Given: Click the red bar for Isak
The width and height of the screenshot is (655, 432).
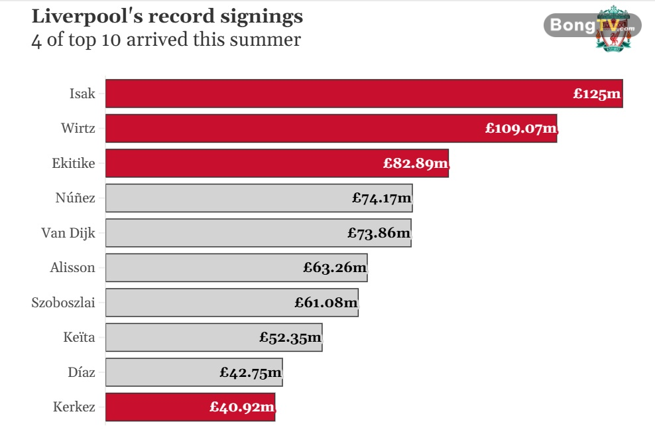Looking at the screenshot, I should (331, 94).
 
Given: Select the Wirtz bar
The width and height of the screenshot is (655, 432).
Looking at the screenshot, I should (298, 128).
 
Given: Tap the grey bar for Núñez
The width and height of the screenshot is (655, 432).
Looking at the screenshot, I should (225, 198).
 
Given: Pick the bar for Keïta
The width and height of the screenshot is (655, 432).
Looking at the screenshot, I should (179, 337).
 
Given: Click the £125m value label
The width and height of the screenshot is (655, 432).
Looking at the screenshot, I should (597, 94).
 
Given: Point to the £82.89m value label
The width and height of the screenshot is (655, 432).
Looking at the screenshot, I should (416, 163).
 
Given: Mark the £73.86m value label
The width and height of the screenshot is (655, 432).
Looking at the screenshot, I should (379, 233).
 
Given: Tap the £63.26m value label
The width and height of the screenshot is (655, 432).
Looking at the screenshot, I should (335, 267).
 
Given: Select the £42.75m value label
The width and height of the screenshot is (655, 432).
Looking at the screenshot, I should (251, 372).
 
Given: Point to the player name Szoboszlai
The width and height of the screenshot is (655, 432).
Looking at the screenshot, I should (63, 303).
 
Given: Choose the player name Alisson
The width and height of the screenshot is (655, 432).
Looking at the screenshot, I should (72, 267).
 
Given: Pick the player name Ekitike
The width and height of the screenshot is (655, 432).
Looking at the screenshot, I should (73, 163).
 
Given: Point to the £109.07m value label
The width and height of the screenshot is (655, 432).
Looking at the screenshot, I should (520, 128).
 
